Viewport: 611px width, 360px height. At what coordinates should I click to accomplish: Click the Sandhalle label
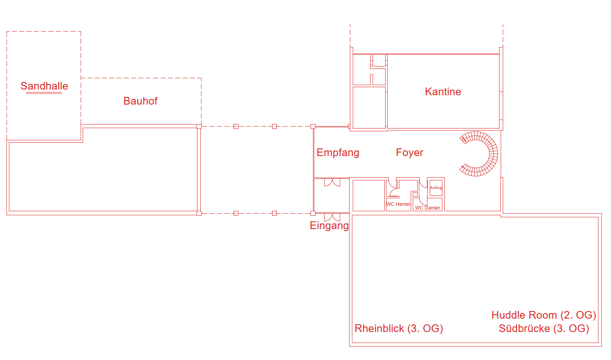point(44,86)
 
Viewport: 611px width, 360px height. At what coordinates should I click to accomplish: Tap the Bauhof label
point(140,101)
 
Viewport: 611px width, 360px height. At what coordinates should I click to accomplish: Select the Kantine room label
point(443,92)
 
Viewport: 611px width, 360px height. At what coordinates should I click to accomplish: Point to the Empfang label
point(338,153)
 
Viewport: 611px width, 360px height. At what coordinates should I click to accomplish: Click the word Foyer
point(409,152)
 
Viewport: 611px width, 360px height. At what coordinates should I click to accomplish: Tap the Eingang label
point(329,225)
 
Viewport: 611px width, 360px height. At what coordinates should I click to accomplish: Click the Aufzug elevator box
point(436,188)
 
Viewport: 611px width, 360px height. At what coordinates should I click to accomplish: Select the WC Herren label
point(398,204)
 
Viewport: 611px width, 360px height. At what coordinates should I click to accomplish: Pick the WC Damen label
point(427,208)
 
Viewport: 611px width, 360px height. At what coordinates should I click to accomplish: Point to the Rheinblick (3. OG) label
point(399,328)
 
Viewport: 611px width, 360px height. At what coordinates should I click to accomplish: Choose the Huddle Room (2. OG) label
point(544,315)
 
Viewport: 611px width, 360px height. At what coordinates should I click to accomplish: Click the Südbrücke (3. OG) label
point(544,328)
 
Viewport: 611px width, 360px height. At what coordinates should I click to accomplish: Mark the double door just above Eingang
point(332,217)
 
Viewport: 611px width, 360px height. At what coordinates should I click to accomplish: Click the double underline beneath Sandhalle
point(44,93)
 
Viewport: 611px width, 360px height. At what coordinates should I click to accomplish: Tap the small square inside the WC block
point(415,195)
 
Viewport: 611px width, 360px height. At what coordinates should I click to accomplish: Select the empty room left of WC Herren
point(369,195)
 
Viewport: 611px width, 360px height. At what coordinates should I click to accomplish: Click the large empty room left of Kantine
point(369,108)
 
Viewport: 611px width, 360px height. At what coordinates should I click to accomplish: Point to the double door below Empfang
point(332,182)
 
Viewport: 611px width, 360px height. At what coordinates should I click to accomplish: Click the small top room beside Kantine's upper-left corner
point(379,60)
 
